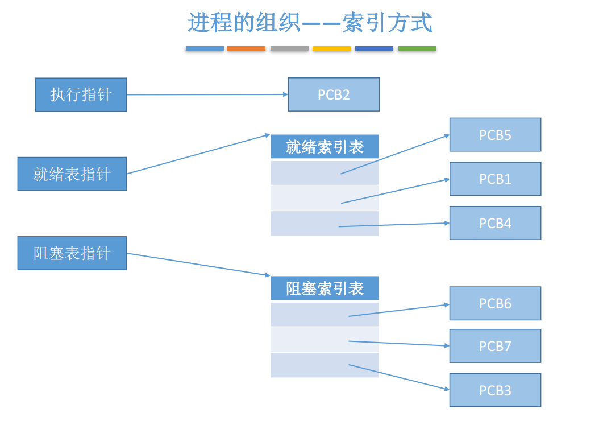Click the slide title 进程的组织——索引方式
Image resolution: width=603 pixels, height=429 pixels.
pyautogui.click(x=310, y=23)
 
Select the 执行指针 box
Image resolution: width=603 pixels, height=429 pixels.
pyautogui.click(x=81, y=94)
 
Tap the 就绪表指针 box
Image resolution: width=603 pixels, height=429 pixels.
pyautogui.click(x=72, y=174)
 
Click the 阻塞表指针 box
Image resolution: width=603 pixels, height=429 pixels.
pyautogui.click(x=72, y=253)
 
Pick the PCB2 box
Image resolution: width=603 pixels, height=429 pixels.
pyautogui.click(x=334, y=94)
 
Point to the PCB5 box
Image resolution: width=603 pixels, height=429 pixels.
pyautogui.click(x=495, y=135)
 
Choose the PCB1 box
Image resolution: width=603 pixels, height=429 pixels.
pyautogui.click(x=495, y=179)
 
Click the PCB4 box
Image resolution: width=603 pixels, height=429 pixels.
pyautogui.click(x=495, y=223)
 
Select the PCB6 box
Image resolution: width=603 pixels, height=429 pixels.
pyautogui.click(x=495, y=303)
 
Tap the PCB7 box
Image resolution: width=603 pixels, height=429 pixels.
pyautogui.click(x=495, y=346)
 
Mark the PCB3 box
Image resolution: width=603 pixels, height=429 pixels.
pyautogui.click(x=495, y=390)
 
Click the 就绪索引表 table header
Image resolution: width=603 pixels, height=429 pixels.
pyautogui.click(x=325, y=147)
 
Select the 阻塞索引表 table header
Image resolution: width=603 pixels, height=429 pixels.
pyautogui.click(x=325, y=288)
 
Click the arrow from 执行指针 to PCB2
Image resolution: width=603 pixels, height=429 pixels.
pyautogui.click(x=207, y=94)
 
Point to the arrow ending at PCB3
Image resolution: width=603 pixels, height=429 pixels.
pyautogui.click(x=398, y=377)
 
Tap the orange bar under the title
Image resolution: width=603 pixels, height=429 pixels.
pyautogui.click(x=246, y=49)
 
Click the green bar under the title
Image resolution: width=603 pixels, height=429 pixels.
pyautogui.click(x=417, y=49)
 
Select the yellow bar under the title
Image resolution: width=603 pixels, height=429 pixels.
pyautogui.click(x=331, y=49)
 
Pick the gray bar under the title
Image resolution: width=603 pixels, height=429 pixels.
pyautogui.click(x=289, y=49)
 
